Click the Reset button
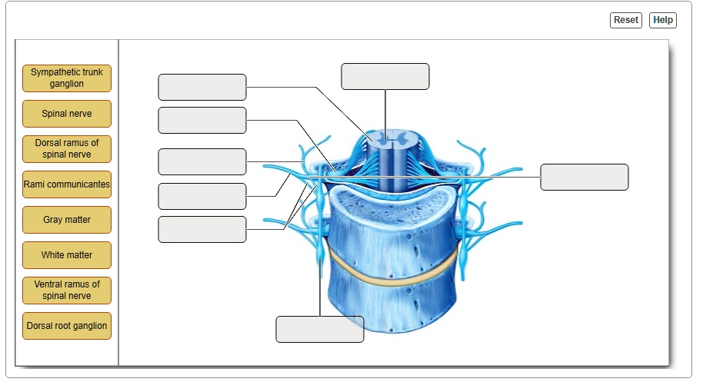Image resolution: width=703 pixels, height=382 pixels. point(625,20)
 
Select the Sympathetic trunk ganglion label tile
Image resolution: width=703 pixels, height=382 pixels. point(67,78)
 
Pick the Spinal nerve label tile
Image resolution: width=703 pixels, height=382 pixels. point(67,114)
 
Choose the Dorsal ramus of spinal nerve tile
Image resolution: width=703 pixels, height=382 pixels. point(67,149)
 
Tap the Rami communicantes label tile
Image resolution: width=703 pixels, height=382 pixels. point(67,184)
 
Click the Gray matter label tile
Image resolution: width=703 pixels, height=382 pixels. point(67,220)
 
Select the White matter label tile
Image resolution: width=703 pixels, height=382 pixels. point(67,255)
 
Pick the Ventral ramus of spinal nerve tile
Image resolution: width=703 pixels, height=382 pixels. point(67,291)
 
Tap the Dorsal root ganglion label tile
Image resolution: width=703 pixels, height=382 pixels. point(67,326)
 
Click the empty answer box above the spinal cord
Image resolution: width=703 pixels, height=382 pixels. point(385,77)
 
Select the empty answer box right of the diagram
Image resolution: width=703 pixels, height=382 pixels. point(585,177)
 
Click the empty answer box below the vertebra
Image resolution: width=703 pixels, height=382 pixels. point(320,329)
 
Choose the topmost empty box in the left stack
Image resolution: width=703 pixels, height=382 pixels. point(202,88)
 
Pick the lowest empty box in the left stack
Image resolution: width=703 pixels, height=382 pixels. point(202,230)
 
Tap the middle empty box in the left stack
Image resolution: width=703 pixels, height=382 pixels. point(202,162)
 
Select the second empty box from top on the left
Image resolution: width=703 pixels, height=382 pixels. point(202,121)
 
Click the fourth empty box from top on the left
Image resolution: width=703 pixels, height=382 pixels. point(202,197)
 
